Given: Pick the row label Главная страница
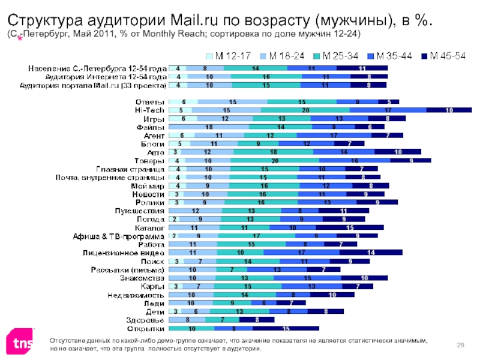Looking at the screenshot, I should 130,169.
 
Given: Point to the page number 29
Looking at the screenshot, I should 461,343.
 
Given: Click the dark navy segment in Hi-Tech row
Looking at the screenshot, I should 449,110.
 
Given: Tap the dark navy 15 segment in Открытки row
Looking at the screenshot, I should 286,329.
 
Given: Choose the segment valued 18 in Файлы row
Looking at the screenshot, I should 209,127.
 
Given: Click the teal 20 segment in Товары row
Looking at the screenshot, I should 274,161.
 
